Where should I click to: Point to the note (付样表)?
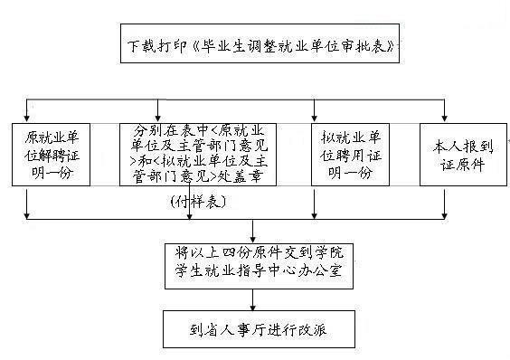[x=197, y=200]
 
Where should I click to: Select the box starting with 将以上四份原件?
[x=259, y=261]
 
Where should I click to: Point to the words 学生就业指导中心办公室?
[x=259, y=270]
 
